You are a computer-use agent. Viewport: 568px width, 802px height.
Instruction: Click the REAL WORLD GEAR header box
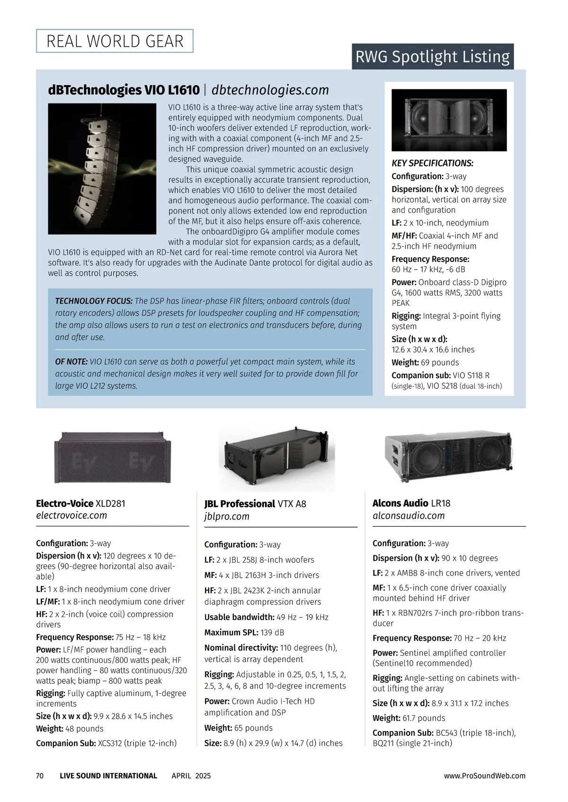115,41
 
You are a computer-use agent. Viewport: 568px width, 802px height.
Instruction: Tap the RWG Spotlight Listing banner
432,57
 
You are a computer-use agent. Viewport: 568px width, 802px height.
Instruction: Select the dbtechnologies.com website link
270,90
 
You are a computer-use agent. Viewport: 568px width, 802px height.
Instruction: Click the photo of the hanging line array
102,169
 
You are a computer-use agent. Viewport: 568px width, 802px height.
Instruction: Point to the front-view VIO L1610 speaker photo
449,120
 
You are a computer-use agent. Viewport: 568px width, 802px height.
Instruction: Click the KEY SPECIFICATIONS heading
432,163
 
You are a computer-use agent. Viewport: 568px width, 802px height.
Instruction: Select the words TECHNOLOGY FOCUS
94,301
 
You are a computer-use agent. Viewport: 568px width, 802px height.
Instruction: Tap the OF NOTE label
71,362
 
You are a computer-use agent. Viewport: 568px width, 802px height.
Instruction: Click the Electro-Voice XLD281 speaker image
113,457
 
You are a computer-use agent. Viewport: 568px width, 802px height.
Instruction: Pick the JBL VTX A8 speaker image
277,457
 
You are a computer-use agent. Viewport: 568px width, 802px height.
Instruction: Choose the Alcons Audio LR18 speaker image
449,455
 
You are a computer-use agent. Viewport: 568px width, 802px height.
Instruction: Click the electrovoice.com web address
71,515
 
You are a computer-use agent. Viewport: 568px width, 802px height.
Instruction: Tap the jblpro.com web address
227,516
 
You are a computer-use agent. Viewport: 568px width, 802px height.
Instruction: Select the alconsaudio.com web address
408,515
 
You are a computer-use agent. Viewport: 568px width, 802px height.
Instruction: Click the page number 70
40,776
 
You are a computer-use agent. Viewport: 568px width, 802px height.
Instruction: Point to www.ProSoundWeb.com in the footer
484,776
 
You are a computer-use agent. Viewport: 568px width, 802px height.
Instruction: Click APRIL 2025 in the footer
191,776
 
